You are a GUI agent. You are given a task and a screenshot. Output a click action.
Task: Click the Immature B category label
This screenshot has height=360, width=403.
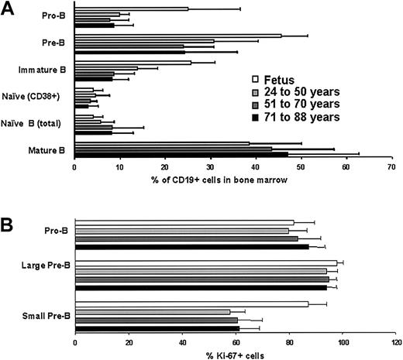point(40,70)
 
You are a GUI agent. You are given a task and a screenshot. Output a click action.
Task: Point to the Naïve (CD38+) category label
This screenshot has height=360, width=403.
point(36,97)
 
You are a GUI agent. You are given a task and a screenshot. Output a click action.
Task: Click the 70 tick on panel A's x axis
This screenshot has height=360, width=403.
point(392,166)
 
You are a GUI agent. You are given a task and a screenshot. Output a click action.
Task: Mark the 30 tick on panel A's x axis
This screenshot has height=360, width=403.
point(211,166)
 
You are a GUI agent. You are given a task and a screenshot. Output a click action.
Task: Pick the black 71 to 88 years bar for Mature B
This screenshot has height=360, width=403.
point(209,154)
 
